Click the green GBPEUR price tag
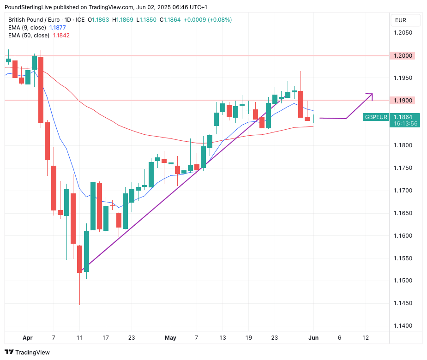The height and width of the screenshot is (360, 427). tap(376, 117)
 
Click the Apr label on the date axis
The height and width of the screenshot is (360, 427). tap(28, 338)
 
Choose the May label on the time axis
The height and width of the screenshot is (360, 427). tap(170, 338)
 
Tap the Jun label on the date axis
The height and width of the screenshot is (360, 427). tap(313, 338)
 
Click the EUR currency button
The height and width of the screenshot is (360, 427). tap(400, 20)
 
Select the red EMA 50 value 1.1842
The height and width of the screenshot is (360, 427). tap(61, 36)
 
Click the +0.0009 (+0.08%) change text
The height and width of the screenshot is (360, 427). tap(208, 20)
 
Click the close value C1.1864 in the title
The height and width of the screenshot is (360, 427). tap(170, 20)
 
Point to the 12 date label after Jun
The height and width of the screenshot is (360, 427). tap(366, 338)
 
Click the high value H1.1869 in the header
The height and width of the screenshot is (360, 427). tap(122, 20)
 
